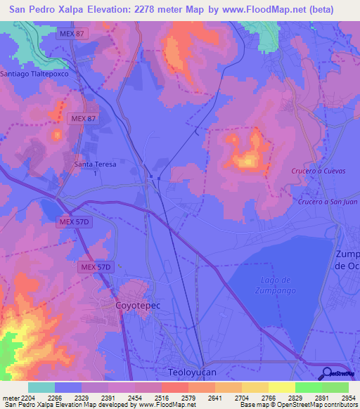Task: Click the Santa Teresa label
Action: click(x=95, y=164)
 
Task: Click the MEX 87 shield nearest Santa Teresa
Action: click(x=83, y=119)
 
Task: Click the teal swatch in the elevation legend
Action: click(x=41, y=387)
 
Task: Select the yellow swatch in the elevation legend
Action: click(x=281, y=387)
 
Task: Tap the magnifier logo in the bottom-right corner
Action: click(x=328, y=372)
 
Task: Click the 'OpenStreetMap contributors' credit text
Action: click(x=319, y=405)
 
